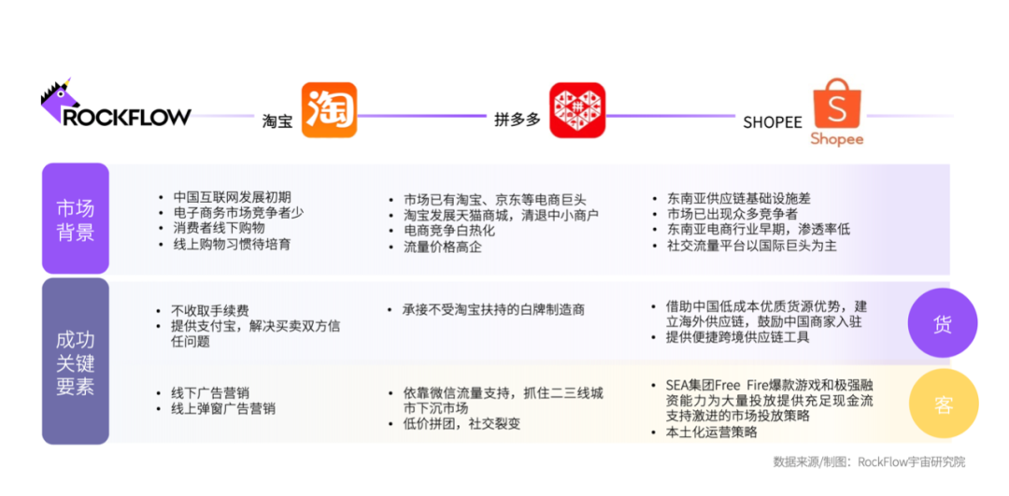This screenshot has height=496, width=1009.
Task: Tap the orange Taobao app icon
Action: (329, 110)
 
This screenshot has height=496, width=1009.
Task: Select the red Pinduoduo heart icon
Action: (577, 110)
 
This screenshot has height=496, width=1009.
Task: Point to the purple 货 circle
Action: (942, 323)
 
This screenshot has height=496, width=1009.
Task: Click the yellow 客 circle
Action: (943, 404)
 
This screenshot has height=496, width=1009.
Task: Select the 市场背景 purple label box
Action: (76, 219)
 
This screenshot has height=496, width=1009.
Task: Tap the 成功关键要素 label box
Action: (76, 361)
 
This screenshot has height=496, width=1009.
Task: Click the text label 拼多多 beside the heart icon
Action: (517, 120)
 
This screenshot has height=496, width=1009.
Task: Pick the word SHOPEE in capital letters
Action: (773, 122)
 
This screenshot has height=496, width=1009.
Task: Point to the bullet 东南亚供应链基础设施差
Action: (726, 199)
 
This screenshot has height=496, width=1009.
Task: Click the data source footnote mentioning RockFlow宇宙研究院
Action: (869, 462)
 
